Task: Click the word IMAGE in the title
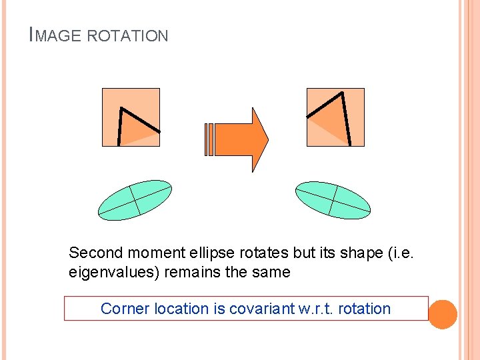pos(57,36)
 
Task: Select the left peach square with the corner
pos(131,117)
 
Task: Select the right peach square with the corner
pos(335,117)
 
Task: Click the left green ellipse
pos(135,200)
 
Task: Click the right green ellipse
pos(333,200)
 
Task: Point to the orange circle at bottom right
pos(443,314)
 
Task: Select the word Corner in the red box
pos(125,309)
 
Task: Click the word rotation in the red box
pos(364,309)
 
